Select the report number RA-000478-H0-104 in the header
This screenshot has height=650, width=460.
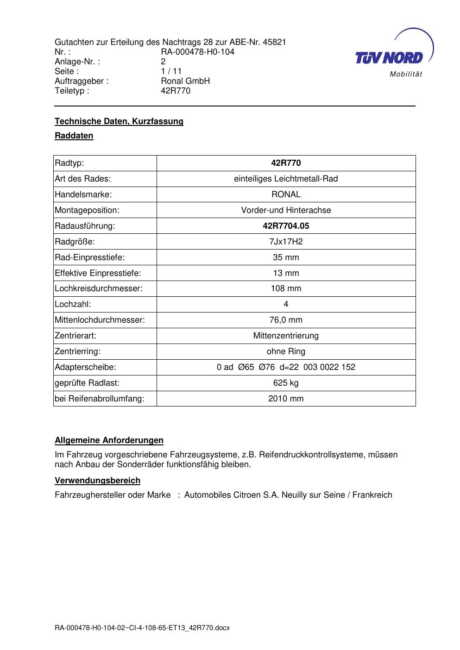(x=197, y=52)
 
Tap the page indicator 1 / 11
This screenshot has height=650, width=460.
(x=171, y=71)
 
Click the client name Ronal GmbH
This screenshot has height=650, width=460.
(x=185, y=81)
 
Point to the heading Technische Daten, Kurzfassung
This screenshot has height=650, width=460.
(x=119, y=121)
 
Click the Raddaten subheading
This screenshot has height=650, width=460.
(x=74, y=136)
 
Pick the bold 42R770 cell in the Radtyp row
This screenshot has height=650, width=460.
(x=286, y=163)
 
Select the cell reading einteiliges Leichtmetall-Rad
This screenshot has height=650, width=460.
(x=286, y=179)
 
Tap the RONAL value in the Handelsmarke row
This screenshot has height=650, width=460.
(x=286, y=194)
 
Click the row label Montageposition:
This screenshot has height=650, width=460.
(x=87, y=210)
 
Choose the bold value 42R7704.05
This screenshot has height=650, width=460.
(x=286, y=226)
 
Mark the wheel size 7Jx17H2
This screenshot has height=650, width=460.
(x=286, y=242)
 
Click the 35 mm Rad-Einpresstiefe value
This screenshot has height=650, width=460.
(x=286, y=257)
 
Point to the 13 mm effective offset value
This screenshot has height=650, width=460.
(x=286, y=273)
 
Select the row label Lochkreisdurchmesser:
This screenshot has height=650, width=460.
(x=99, y=288)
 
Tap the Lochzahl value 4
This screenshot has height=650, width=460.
(x=286, y=304)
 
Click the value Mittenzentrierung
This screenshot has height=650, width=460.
(x=286, y=336)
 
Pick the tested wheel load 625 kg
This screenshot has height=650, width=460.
(x=286, y=383)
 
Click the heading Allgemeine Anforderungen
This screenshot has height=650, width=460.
(x=109, y=440)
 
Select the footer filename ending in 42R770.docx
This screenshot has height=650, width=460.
(x=142, y=628)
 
